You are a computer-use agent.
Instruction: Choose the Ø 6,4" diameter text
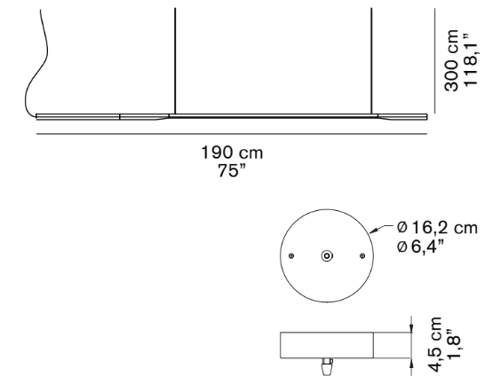click(425, 246)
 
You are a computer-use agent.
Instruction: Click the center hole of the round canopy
click(327, 255)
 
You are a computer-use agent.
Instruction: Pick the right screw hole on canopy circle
click(362, 255)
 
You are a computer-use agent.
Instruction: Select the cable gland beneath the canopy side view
click(327, 364)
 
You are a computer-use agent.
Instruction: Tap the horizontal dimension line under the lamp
click(232, 135)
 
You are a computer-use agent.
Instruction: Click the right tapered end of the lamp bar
click(404, 115)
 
